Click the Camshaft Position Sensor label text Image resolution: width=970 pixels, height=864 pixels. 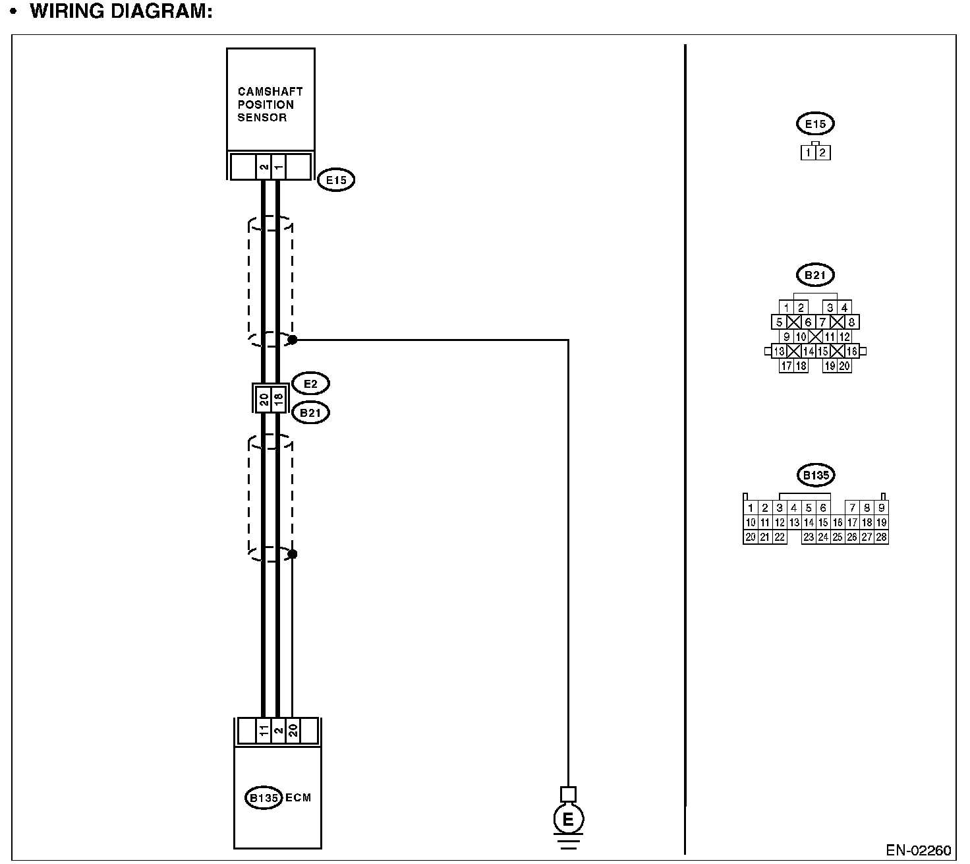(270, 104)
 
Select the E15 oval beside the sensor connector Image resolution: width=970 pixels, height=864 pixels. (336, 180)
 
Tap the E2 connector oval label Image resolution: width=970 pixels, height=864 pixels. (310, 383)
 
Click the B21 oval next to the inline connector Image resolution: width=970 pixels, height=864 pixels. (310, 413)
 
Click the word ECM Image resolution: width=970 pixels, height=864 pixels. (298, 797)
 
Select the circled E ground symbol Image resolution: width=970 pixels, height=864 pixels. (567, 820)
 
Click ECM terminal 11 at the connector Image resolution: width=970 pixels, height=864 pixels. (263, 731)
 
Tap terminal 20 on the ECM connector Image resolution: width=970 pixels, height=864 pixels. (293, 731)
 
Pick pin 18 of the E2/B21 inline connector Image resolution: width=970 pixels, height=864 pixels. (278, 398)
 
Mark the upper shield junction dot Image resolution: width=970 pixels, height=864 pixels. (293, 340)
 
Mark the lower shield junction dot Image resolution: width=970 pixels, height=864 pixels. (293, 553)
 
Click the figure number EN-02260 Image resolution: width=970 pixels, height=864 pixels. (918, 850)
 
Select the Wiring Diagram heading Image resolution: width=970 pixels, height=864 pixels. (121, 11)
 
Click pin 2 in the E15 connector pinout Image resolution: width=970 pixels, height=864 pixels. (823, 153)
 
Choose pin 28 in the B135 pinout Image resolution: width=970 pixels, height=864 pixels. (882, 537)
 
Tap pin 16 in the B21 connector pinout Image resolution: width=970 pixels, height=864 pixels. (852, 352)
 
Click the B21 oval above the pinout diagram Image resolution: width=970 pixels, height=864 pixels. (815, 275)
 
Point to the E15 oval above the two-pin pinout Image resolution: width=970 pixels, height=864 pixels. (815, 123)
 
